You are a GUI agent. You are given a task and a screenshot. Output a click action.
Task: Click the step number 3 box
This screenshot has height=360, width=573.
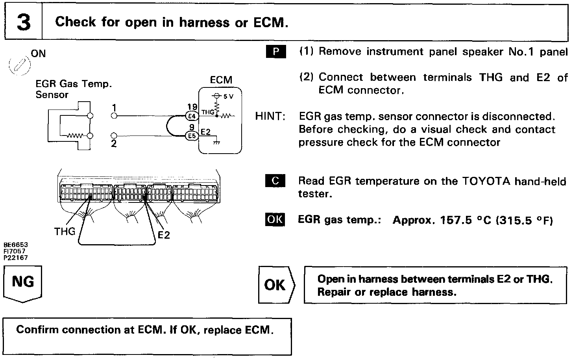[x=23, y=22]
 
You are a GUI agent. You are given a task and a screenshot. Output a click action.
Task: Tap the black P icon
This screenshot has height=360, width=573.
[x=275, y=52]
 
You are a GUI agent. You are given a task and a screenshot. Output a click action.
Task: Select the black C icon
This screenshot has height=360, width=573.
[x=275, y=181]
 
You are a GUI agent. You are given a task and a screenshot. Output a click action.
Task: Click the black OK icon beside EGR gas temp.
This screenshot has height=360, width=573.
[x=275, y=219]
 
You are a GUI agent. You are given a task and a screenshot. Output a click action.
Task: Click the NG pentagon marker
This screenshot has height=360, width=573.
[x=23, y=283]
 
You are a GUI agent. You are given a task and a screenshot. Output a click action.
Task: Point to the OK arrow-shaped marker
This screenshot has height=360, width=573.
[x=275, y=285]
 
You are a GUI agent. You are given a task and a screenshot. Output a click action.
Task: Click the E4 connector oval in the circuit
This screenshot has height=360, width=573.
[x=192, y=116]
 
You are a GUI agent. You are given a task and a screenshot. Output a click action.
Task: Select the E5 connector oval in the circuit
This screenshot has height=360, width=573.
[x=192, y=136]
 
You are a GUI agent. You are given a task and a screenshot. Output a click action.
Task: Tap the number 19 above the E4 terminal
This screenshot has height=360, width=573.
[x=192, y=107]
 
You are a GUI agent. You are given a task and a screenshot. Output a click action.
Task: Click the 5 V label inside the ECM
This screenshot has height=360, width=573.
[x=228, y=97]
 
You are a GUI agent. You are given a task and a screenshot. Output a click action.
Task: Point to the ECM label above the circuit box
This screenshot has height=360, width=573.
[x=221, y=80]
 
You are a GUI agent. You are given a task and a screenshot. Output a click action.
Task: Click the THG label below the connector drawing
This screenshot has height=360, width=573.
[x=65, y=231]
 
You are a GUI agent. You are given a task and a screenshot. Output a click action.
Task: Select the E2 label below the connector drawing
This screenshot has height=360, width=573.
[x=164, y=235]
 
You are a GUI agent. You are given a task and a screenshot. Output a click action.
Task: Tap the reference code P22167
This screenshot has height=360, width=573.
[x=16, y=258]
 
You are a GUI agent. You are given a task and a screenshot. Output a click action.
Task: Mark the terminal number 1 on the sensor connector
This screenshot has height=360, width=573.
[x=114, y=108]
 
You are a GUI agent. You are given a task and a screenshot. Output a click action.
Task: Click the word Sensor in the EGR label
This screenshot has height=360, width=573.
[x=52, y=95]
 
